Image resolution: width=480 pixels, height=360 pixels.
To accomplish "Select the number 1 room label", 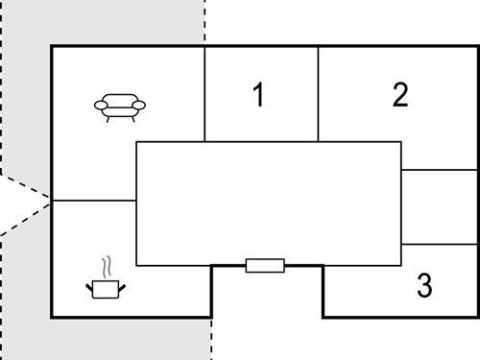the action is tap(257, 95).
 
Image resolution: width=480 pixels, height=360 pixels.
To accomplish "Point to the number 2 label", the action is tap(400, 94).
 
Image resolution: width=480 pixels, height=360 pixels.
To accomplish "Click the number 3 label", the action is tap(424, 285).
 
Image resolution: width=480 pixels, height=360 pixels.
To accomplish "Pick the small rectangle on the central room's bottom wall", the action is tap(265, 265).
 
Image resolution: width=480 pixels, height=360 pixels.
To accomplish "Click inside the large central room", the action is tap(268, 203).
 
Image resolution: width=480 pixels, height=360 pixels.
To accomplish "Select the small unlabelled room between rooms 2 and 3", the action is tap(439, 206).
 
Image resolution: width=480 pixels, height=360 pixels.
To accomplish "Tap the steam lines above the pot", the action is tap(108, 265).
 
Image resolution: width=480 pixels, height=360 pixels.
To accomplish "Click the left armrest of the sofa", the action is tap(100, 105).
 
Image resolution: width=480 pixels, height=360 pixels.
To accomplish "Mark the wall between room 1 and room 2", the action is tap(319, 93).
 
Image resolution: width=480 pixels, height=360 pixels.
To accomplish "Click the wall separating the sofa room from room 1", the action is tap(204, 93).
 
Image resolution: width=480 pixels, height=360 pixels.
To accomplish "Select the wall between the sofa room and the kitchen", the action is tap(93, 201).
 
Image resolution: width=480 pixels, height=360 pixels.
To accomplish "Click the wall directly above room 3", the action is tap(439, 244).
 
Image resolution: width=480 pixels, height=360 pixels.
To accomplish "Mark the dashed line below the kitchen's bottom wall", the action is tap(210, 338).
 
